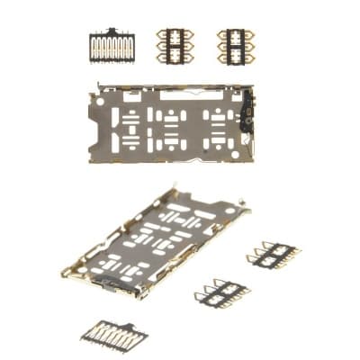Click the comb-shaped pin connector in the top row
112,46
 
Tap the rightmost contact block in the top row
235,45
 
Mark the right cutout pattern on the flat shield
217,127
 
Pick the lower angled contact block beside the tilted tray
221,292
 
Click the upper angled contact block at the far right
274,255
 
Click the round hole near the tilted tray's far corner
232,210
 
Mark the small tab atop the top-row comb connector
112,31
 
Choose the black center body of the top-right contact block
235,45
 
